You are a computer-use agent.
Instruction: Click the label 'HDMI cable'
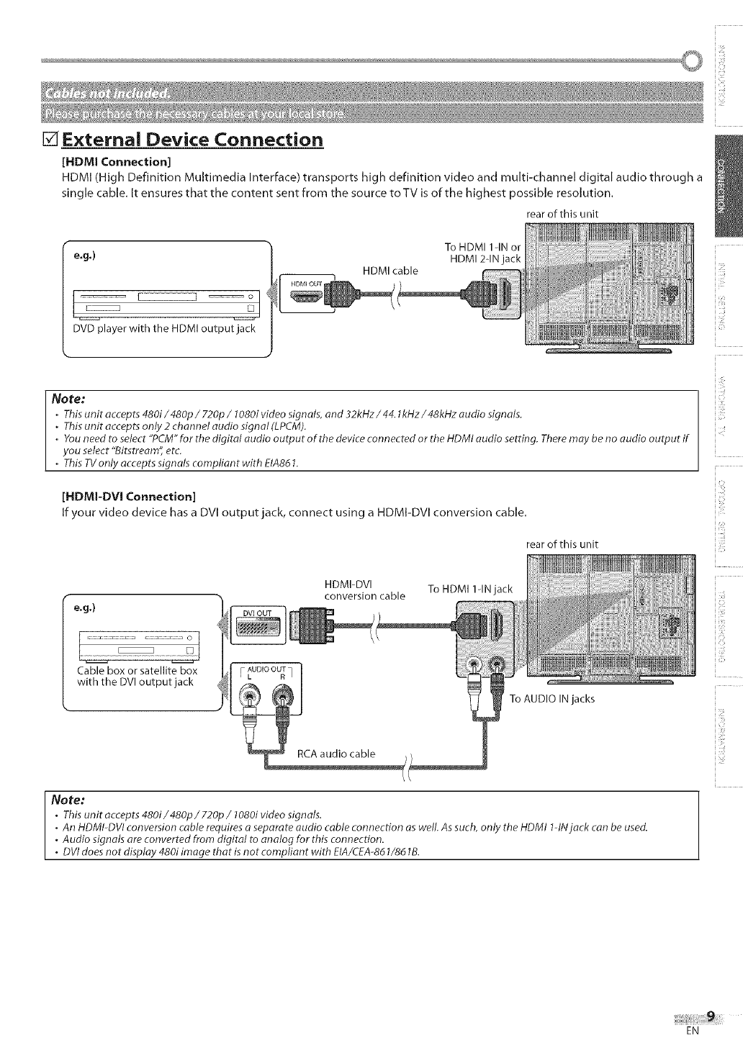[x=390, y=271]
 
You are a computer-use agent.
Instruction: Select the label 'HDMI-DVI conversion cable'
[x=364, y=589]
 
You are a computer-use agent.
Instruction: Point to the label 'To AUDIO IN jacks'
[x=552, y=699]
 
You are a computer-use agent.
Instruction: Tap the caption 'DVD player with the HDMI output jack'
[x=164, y=329]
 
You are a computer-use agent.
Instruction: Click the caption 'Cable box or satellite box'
[x=137, y=671]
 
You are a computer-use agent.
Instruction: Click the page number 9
[x=711, y=1016]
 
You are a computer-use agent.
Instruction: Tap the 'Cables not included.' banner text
[x=107, y=94]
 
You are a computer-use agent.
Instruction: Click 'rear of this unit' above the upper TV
[x=562, y=214]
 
